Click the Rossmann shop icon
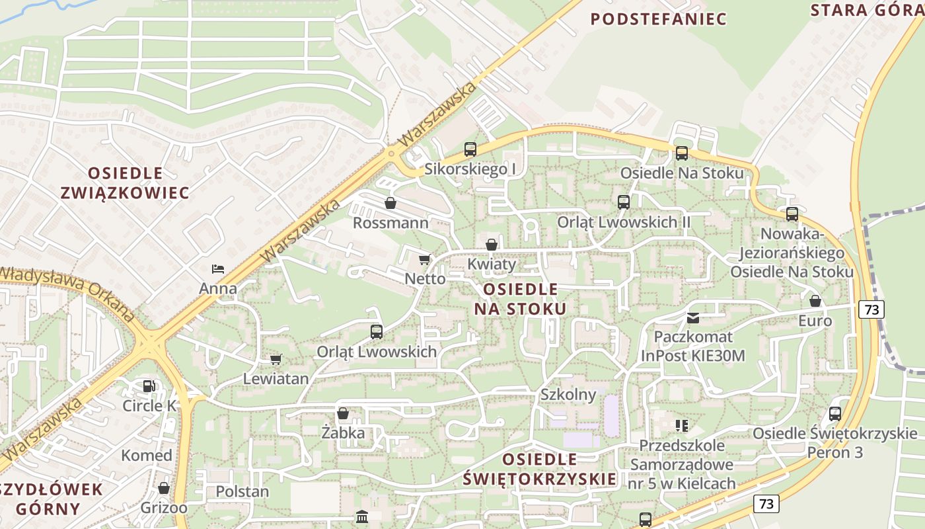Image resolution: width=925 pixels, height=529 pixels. pos(390,203)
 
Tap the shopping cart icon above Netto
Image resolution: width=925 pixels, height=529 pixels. pos(424,259)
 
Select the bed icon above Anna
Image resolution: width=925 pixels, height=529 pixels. pos(218,268)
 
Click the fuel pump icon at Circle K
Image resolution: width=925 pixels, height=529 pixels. pos(149,386)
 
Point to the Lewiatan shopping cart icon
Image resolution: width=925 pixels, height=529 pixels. pos(276,359)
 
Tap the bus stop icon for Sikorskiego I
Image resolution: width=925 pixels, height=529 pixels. pos(470,149)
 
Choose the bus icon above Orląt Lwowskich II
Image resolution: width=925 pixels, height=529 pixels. pos(624,202)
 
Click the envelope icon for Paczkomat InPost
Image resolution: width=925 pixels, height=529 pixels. pos(692,317)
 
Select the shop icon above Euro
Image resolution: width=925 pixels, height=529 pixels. pos(815,301)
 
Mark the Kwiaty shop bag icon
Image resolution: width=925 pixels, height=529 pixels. pos(492,245)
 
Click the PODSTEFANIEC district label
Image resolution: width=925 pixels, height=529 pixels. pos(658,19)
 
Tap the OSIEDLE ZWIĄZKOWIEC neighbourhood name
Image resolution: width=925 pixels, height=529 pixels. pos(125,183)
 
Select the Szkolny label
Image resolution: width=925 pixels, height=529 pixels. pos(568,395)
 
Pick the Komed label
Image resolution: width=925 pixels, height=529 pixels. pos(147,455)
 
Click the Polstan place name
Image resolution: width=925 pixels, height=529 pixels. pos(242,491)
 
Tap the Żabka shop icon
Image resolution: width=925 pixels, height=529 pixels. pos(343,414)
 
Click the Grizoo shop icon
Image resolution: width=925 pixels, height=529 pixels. pos(164,488)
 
